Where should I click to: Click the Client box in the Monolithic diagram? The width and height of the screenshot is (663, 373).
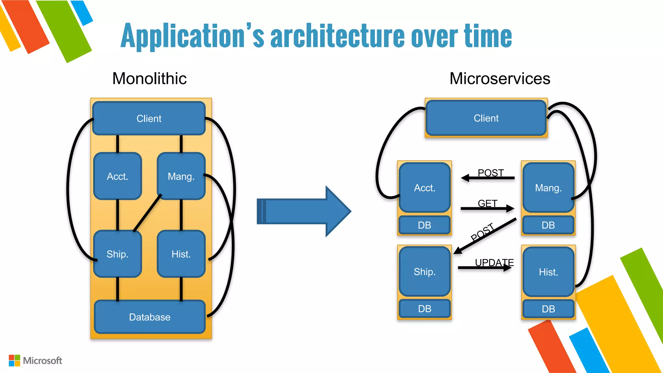tap(149, 119)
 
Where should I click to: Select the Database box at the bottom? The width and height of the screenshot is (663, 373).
tap(150, 317)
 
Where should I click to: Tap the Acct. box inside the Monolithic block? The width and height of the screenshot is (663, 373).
tap(118, 176)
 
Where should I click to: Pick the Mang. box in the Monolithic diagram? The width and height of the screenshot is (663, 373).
tap(181, 176)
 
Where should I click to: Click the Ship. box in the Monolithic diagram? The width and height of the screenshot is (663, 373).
tap(118, 254)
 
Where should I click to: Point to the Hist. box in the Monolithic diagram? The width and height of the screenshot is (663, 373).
tap(181, 254)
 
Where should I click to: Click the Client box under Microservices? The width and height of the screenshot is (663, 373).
tap(486, 118)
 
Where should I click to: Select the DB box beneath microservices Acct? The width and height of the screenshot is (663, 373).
tap(424, 225)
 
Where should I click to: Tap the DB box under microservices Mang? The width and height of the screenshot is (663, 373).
tap(548, 225)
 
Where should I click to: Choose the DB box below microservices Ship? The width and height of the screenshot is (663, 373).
tap(424, 309)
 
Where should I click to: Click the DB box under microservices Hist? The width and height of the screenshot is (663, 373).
tap(548, 309)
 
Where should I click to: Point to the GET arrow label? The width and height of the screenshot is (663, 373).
tap(487, 203)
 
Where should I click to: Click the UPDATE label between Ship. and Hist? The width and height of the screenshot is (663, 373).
tap(494, 262)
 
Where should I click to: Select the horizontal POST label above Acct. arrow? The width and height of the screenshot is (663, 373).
tap(490, 173)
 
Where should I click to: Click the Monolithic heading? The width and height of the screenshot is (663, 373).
tap(149, 78)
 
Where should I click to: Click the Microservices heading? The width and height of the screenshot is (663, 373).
tap(500, 78)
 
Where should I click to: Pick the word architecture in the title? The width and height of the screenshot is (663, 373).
tap(337, 36)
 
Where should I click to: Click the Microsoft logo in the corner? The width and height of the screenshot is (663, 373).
tap(35, 360)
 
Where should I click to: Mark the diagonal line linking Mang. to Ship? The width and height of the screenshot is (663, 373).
tap(147, 213)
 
